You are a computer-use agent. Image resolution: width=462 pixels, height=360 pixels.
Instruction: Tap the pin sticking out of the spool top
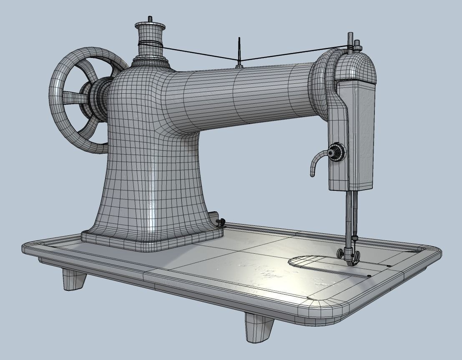point(150,20)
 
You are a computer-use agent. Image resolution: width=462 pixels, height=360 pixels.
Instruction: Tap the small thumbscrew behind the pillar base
point(221,222)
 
